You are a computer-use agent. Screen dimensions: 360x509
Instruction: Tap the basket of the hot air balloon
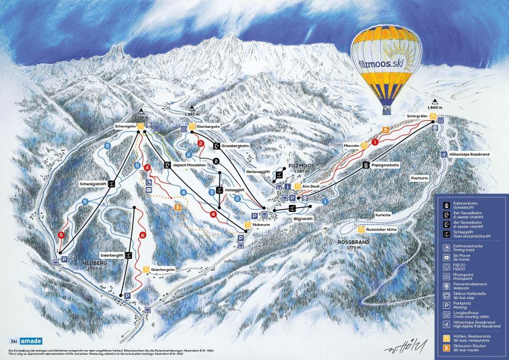[x=386, y=109]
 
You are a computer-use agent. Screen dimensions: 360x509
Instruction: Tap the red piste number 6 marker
[x=142, y=236]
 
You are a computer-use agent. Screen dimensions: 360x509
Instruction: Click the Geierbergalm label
[x=163, y=269]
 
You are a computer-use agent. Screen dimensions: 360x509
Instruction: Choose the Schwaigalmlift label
[x=93, y=184]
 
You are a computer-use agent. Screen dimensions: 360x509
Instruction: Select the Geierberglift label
[x=112, y=255]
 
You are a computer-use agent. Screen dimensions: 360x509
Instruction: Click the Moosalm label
[x=352, y=144]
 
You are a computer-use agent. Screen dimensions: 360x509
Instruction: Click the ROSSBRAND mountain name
[x=353, y=243]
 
